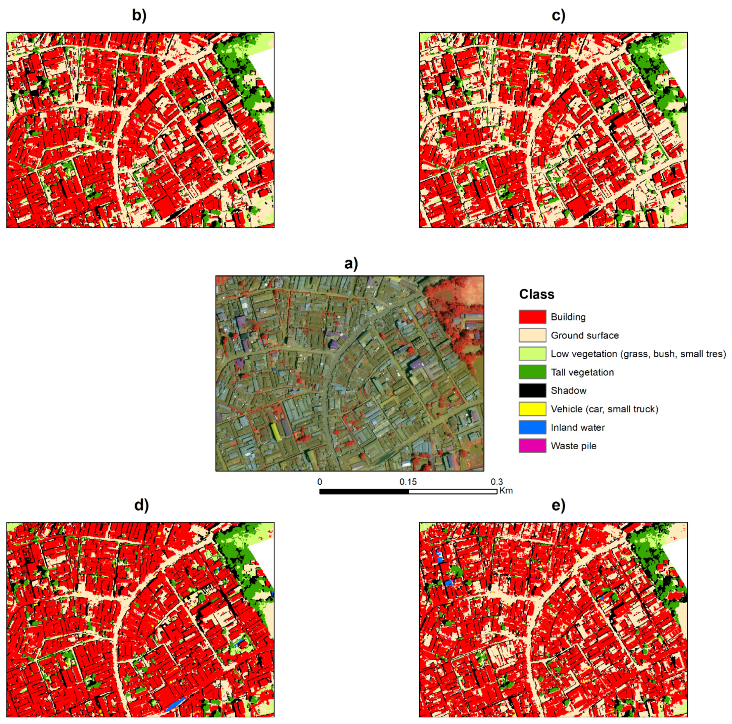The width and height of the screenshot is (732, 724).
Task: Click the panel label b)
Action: [139, 16]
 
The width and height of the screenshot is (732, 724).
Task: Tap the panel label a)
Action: [351, 263]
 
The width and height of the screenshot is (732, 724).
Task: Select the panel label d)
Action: [141, 505]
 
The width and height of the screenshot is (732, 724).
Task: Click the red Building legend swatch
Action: [532, 317]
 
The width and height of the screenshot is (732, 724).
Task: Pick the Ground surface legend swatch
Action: [532, 335]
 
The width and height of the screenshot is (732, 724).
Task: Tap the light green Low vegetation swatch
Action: [532, 353]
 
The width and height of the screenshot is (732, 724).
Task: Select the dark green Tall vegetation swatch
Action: [532, 372]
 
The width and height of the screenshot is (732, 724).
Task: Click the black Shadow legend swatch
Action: [532, 390]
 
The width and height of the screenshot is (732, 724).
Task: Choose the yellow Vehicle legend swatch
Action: [532, 409]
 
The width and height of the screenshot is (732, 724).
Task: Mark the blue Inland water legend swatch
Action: [532, 427]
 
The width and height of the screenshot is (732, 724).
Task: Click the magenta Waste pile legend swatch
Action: [532, 446]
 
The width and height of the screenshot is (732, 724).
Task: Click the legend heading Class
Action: [536, 294]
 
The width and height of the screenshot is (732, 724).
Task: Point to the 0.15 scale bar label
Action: [408, 482]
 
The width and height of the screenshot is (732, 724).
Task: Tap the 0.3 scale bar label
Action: [496, 482]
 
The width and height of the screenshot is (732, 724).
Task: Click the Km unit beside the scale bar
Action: [506, 491]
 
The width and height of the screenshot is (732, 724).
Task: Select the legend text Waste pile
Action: [573, 446]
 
